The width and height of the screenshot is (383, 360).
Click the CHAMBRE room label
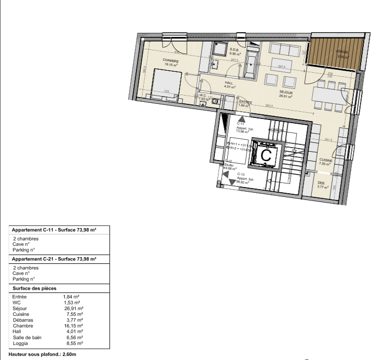tap(171, 61)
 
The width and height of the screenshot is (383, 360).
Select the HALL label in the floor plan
tap(229, 83)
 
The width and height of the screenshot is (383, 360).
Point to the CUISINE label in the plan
tap(326, 159)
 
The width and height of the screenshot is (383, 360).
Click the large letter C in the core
tap(266, 155)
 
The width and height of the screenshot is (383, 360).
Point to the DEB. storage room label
tap(321, 183)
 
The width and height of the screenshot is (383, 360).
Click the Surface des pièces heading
tap(34, 288)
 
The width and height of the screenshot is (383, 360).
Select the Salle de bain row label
tap(26, 338)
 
